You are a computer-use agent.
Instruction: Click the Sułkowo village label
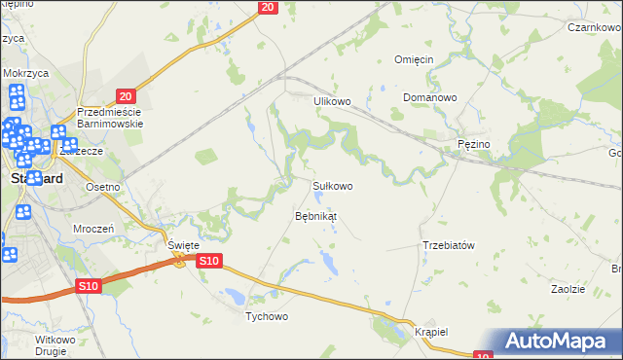point(332,185)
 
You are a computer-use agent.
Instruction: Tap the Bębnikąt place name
point(315,215)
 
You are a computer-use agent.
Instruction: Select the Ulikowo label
point(331,100)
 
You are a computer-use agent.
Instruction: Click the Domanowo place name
point(429,98)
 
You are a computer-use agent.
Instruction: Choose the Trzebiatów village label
point(448,245)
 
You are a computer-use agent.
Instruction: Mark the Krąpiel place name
point(429,331)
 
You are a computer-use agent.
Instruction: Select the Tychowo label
point(267,316)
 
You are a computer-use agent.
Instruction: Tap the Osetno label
point(102,187)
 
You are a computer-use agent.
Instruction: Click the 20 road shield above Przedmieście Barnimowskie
point(125,95)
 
